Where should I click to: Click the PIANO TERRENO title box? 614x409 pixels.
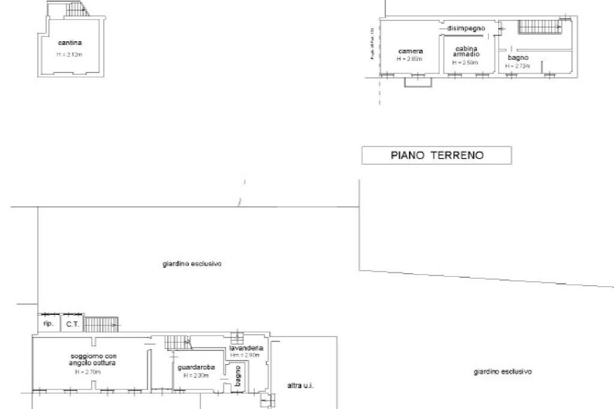437,156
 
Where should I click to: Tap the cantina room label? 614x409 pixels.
70,43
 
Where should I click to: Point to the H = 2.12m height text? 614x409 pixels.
70,55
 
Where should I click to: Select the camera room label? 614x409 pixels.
410,51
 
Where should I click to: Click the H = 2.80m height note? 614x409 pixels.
410,59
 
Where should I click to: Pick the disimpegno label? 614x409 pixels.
466,28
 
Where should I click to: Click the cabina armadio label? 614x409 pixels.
466,51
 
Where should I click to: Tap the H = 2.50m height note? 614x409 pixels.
465,62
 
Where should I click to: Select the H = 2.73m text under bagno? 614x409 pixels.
517,66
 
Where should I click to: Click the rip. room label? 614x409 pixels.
49,324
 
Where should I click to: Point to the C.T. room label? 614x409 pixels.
73,324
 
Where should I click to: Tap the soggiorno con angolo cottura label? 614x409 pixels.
92,360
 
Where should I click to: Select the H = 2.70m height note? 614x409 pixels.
88,372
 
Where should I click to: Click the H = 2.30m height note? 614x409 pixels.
195,375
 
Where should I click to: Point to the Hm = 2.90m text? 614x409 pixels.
245,356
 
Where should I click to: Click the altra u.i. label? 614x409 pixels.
300,386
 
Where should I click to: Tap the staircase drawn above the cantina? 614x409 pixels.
77,9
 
